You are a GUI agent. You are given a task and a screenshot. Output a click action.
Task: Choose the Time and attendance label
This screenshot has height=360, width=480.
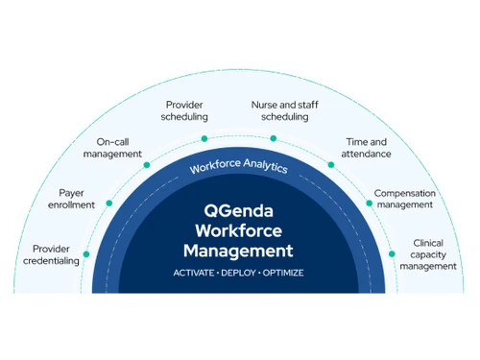coord(368,148)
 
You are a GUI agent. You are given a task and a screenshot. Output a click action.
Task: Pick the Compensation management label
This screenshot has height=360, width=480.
coord(404,199)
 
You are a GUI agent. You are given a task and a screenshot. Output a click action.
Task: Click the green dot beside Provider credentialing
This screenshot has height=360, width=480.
coord(86,253)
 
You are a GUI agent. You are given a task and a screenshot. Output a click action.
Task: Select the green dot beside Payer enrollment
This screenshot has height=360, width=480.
coord(110,204)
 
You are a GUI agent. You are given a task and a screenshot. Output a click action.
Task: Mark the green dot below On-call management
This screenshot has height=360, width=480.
coord(148,165)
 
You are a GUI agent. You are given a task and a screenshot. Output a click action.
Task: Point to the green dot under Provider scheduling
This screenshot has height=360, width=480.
coord(205,139)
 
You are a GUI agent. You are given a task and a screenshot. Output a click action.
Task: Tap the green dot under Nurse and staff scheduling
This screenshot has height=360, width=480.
coord(274,139)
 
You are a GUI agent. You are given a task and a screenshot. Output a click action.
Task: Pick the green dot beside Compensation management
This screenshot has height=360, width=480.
coord(370,204)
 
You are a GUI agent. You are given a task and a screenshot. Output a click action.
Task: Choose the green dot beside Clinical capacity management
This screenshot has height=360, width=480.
coord(393,253)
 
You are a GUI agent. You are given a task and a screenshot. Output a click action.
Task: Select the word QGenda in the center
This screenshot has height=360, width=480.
coord(239,209)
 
